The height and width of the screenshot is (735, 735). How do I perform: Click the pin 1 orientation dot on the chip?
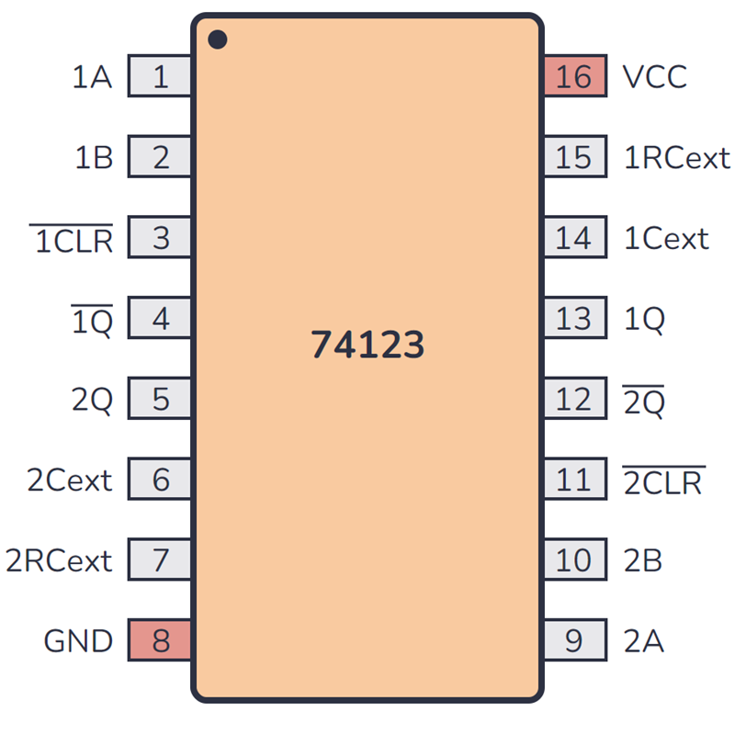(x=218, y=40)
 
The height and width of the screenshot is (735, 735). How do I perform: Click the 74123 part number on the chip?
(x=367, y=345)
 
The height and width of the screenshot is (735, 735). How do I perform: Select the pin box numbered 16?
(x=574, y=76)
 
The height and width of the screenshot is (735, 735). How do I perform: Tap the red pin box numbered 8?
(x=160, y=640)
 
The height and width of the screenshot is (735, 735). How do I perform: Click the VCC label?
(x=654, y=76)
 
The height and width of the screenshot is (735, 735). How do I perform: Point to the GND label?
(x=78, y=640)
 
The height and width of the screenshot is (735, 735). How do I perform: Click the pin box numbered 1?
(x=160, y=76)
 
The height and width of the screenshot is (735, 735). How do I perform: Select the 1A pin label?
(x=92, y=77)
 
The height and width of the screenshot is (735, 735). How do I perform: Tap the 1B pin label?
(x=94, y=158)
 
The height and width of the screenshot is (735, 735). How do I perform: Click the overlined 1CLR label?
(x=73, y=240)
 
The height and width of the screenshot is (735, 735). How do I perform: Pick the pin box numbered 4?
(x=160, y=319)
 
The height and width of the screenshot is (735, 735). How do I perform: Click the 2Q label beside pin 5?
(x=92, y=400)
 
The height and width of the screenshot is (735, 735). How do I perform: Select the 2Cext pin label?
(x=70, y=480)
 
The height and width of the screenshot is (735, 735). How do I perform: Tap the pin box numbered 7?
(x=160, y=560)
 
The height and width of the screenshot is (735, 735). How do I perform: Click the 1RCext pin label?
(x=677, y=158)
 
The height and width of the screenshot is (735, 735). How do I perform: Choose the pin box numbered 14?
(x=574, y=238)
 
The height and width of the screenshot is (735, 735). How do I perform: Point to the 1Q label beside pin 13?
(x=644, y=319)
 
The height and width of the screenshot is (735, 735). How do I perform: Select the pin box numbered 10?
(x=574, y=560)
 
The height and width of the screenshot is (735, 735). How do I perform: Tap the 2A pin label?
(x=643, y=640)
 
